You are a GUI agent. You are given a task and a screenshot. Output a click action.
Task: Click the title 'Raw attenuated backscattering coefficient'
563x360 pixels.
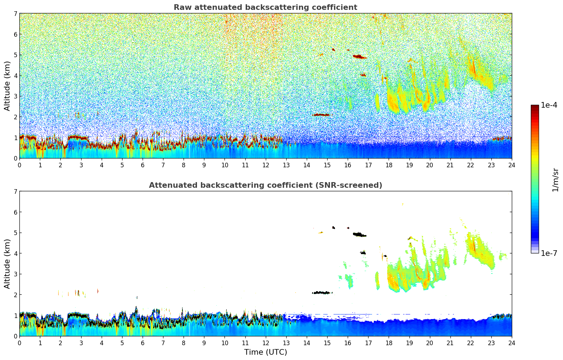point(265,7)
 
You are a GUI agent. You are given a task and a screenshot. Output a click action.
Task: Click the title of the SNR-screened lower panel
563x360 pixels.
point(265,185)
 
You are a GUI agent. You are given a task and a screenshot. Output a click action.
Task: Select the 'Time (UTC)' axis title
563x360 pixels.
point(265,352)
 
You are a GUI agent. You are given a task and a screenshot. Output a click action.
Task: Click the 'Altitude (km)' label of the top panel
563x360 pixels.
point(7,86)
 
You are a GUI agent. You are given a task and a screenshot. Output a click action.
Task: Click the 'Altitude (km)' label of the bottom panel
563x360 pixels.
point(7,264)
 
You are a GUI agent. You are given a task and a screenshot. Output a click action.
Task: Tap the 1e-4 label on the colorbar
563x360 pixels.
point(549,105)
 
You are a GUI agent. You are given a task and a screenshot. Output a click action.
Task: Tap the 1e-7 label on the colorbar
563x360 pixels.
point(549,253)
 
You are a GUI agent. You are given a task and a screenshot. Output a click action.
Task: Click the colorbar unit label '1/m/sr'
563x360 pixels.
point(555,179)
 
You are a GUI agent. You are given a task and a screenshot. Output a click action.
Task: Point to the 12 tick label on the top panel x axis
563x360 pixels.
point(265,165)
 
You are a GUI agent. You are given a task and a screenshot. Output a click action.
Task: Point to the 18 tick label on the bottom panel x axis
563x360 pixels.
point(389,343)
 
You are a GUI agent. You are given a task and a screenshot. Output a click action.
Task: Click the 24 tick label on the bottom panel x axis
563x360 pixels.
point(511,343)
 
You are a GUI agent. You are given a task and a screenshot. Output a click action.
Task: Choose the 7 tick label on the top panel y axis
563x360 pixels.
point(16,14)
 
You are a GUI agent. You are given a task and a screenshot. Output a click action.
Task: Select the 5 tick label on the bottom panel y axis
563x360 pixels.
point(16,233)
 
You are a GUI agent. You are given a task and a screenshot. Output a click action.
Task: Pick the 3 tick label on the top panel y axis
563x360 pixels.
point(16,96)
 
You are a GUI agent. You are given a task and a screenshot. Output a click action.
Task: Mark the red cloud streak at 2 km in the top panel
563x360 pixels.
point(321,115)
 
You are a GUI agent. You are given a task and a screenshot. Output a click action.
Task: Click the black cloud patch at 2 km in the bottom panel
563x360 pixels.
point(321,293)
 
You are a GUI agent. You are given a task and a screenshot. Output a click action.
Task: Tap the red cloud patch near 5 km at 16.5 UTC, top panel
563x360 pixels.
point(359,56)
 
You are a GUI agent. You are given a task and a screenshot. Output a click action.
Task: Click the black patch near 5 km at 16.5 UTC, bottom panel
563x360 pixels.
point(359,234)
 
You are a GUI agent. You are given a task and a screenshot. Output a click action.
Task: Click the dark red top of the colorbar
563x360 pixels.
point(534,107)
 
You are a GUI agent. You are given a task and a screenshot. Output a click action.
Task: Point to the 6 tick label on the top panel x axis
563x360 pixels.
point(143,165)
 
